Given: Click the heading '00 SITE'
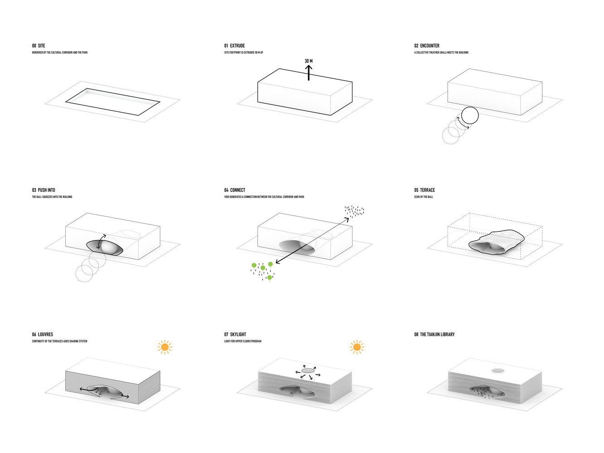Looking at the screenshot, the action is coord(39,46).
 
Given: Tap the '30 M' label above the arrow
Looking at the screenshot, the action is coord(309,61).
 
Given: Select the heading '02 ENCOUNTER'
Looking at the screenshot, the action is coord(427,46).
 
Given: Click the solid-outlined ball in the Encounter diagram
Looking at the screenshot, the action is coord(470,116).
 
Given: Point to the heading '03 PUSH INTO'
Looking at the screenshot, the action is coord(43,190).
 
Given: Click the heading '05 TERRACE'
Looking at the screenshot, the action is coord(425,190).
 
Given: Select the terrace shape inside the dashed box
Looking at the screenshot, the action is coord(496,241).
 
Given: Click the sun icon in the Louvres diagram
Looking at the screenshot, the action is coord(164,347).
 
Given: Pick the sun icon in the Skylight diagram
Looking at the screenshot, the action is coord(357,347).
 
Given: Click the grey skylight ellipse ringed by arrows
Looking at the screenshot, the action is coord(308,371).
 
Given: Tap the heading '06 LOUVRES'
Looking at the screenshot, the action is coord(43,335).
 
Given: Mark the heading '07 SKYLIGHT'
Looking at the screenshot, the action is coord(235,335).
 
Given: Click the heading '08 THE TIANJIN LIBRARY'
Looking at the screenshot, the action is coord(434,335).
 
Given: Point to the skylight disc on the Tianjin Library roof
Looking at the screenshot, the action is coord(498,371).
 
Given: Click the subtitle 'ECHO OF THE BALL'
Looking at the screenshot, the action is coord(424,197).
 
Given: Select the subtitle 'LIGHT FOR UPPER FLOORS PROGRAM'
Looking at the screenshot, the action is coord(243,342).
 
